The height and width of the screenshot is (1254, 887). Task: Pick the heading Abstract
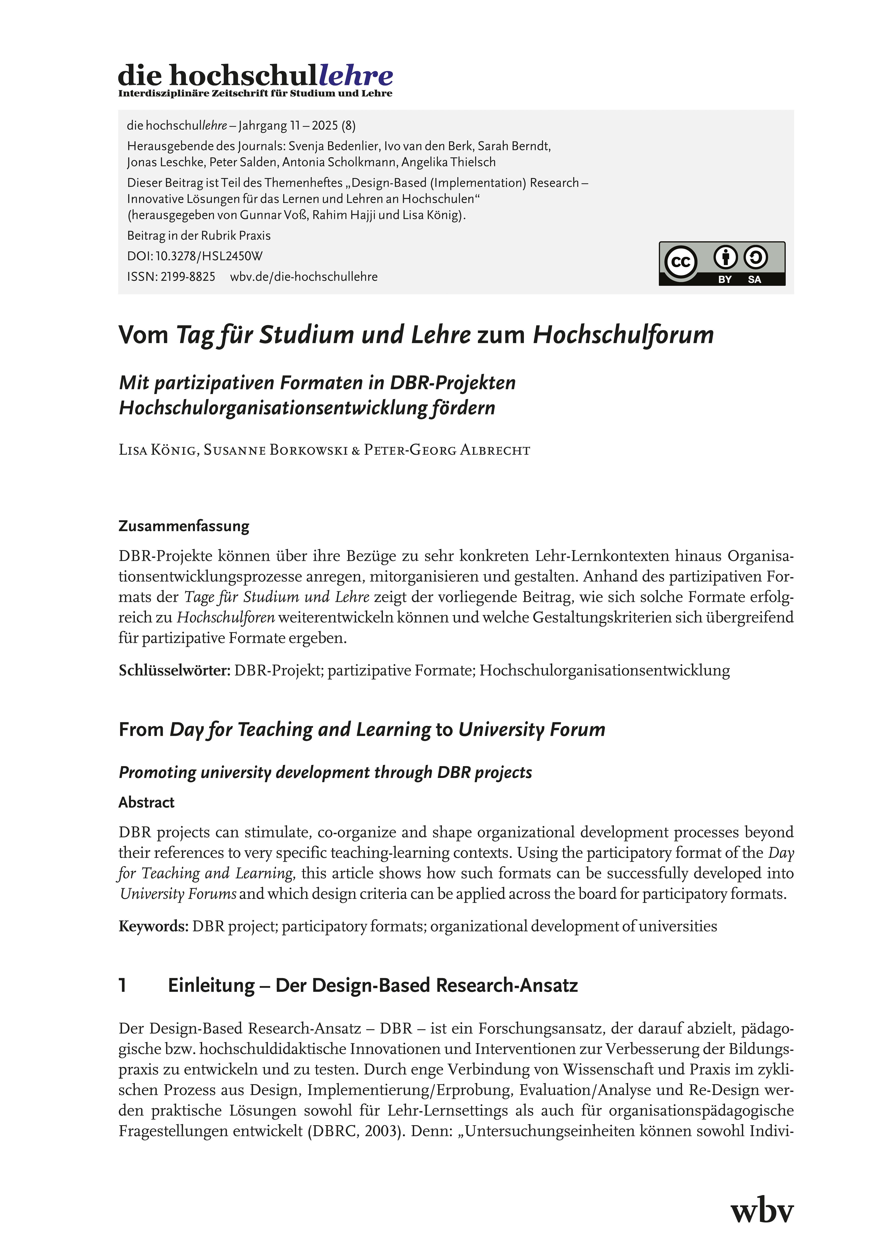147,802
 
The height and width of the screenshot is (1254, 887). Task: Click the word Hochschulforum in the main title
623,335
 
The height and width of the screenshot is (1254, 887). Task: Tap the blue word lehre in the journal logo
355,75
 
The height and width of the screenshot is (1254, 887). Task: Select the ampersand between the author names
355,451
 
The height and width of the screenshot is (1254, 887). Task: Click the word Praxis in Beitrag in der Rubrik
255,236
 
